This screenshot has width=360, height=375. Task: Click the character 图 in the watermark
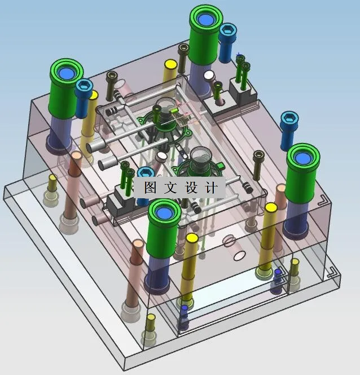150,188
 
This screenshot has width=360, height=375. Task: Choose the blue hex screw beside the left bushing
84,87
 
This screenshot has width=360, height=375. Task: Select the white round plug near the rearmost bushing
209,76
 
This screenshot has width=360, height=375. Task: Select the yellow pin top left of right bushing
271,208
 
